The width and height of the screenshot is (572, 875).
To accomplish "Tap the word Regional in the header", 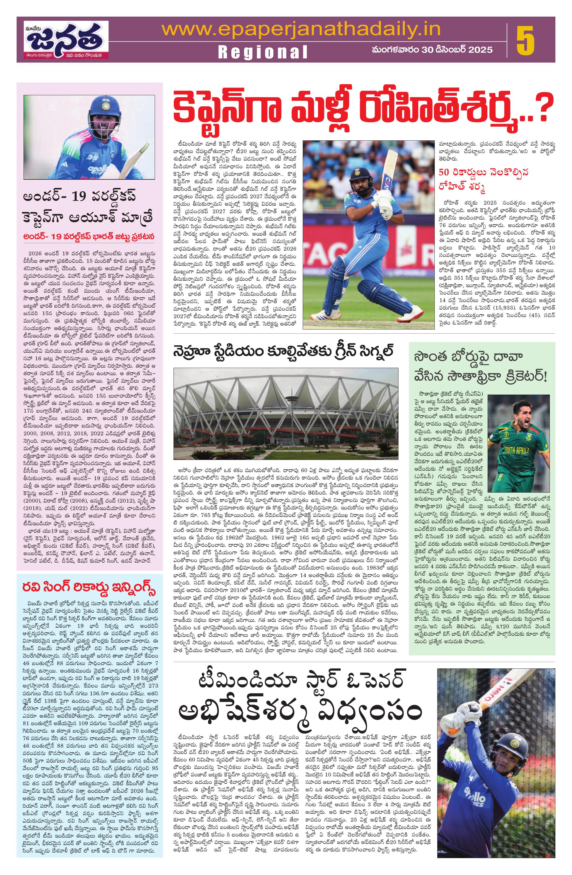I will [x=263, y=53].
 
